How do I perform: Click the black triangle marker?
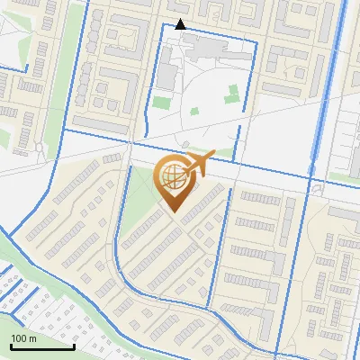(181, 23)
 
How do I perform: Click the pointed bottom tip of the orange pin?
(175, 212)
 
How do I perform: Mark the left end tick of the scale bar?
(12, 345)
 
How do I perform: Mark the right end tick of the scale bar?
(74, 345)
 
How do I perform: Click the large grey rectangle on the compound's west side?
(167, 76)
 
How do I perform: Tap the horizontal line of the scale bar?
(42, 347)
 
